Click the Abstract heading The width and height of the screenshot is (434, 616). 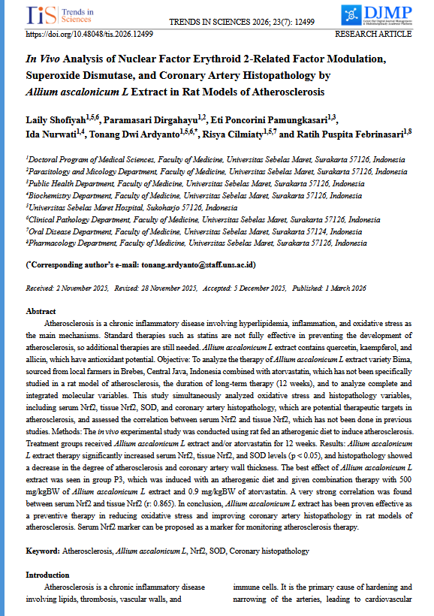point(41,311)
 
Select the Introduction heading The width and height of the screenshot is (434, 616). point(48,574)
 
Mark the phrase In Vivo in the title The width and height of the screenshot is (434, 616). point(43,59)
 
